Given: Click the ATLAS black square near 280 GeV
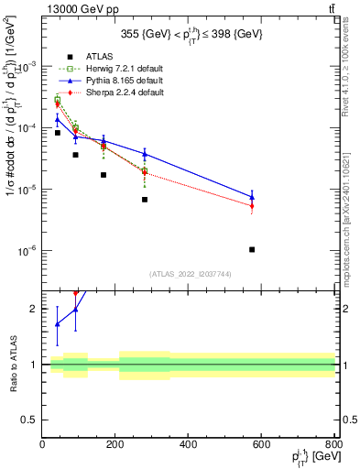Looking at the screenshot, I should (x=145, y=200).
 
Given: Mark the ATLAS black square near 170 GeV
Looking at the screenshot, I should (x=104, y=175).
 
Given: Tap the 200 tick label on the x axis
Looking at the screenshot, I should (x=115, y=444).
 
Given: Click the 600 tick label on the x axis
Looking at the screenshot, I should (x=262, y=444).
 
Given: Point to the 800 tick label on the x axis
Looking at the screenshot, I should (x=333, y=444).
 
